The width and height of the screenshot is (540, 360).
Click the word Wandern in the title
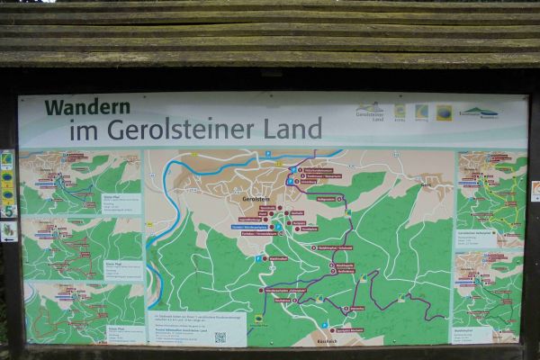tap(87, 107)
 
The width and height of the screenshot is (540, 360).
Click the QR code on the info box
tap(219, 337)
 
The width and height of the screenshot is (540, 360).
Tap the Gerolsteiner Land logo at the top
tap(369, 112)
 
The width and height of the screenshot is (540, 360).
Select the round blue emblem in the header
tap(444, 112)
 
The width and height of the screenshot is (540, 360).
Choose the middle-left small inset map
tap(81, 248)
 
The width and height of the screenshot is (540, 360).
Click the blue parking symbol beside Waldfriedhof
tap(256, 259)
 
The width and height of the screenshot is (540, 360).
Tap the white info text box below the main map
tap(196, 328)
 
